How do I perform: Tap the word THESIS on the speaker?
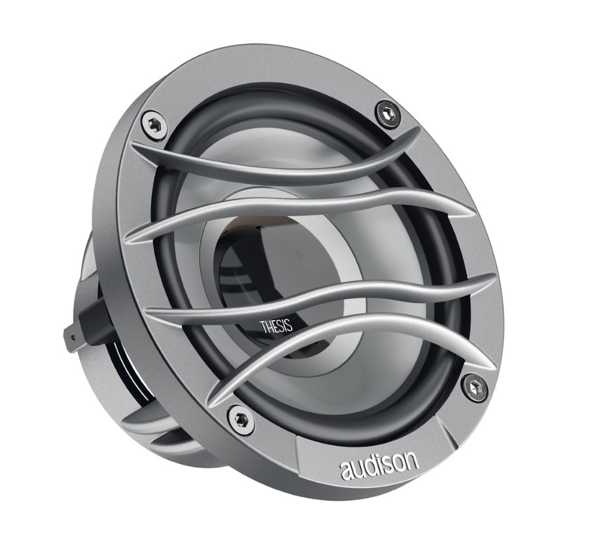click(277, 326)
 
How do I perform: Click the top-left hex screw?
click(154, 124)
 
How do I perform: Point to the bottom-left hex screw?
click(239, 418)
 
